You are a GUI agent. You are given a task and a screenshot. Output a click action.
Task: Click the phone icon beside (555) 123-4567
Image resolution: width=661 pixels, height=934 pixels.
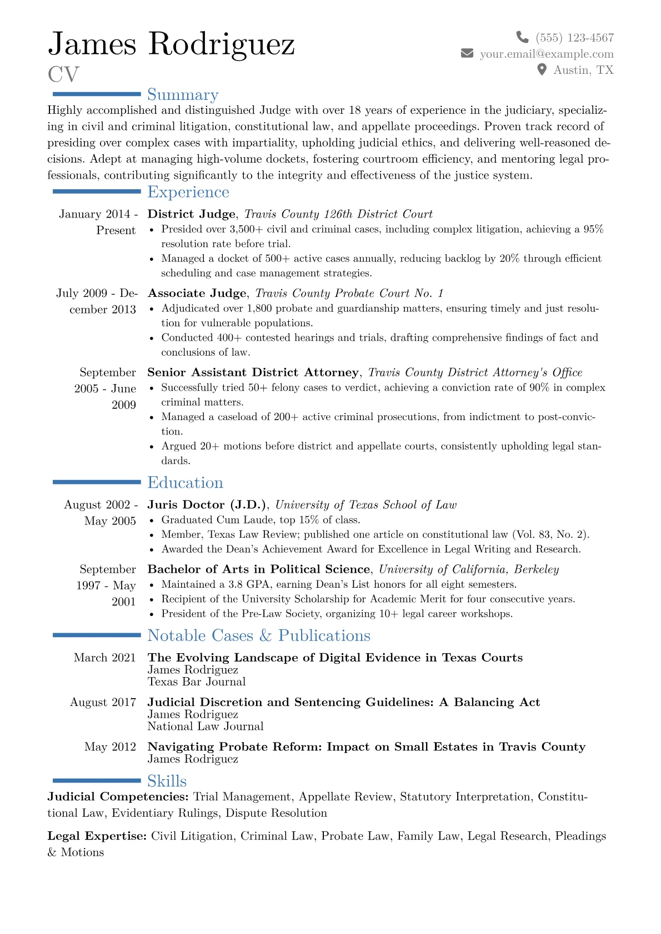[x=522, y=37]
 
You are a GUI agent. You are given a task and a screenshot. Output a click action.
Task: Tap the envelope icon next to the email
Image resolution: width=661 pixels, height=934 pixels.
[x=467, y=53]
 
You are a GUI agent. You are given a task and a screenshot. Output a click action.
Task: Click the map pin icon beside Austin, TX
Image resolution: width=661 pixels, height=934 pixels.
[x=542, y=70]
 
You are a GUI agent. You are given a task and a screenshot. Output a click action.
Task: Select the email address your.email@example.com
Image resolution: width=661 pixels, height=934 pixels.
[x=547, y=54]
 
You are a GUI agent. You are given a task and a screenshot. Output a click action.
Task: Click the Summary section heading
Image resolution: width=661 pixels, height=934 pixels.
[x=183, y=95]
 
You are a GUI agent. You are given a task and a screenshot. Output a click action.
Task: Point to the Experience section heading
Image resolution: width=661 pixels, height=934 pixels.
[x=188, y=192]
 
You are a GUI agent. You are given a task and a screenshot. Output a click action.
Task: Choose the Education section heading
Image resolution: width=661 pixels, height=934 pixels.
[x=185, y=483]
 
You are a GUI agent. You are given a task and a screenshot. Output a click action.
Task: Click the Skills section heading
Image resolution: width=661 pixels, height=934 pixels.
[x=167, y=781]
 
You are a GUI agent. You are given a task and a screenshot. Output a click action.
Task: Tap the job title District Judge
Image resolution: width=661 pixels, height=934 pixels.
[x=192, y=214]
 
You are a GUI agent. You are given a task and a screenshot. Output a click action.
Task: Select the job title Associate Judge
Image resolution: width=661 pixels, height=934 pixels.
[x=197, y=294]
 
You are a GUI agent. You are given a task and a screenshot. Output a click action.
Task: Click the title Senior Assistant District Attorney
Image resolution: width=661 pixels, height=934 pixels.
[x=253, y=372]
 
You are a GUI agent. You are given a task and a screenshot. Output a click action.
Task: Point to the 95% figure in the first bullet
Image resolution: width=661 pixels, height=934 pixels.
[x=593, y=229]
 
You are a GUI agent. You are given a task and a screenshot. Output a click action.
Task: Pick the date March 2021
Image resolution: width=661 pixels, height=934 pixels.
[x=104, y=658]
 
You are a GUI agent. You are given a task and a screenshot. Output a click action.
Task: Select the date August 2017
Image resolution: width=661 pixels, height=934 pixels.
[x=103, y=703]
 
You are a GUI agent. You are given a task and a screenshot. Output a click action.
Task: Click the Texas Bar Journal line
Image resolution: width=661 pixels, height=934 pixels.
[x=197, y=682]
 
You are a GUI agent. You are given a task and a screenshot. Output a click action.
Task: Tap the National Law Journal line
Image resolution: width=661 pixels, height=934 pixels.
[x=206, y=726]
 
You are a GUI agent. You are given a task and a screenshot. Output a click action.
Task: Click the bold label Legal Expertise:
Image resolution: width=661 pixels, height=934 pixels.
[x=97, y=836]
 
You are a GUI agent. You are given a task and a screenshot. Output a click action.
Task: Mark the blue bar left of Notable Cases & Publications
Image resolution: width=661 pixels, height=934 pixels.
[x=97, y=635]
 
